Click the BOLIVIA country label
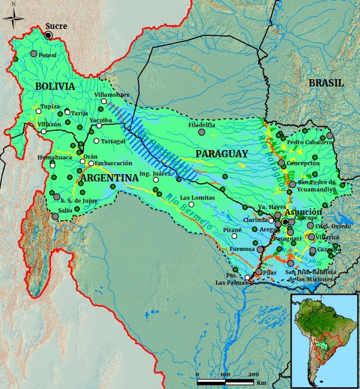[55, 86]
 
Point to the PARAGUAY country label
[221, 154]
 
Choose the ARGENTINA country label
[110, 179]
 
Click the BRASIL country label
[326, 83]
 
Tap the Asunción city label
[304, 213]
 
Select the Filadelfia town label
[202, 125]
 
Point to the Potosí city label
[47, 55]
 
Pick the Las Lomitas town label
[197, 198]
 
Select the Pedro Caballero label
[310, 142]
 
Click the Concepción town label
[302, 163]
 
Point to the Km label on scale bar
[261, 382]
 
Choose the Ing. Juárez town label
[151, 173]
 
